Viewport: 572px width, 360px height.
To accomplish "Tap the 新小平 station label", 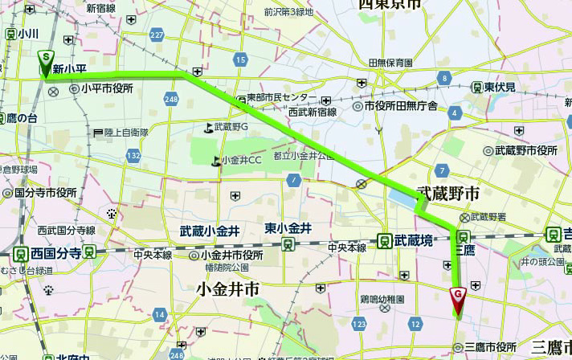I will pyautogui.click(x=70, y=70).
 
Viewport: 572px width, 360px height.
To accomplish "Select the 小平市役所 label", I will pyautogui.click(x=106, y=90).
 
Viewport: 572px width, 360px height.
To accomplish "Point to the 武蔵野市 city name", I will pyautogui.click(x=447, y=194).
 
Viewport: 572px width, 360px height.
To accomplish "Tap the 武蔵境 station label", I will pyautogui.click(x=414, y=239).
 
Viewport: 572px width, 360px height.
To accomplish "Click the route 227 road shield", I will pyautogui.click(x=156, y=35).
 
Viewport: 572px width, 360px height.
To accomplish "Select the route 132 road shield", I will pyautogui.click(x=133, y=155).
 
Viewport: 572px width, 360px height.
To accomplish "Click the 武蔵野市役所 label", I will pyautogui.click(x=525, y=150).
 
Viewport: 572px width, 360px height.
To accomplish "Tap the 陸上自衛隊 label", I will pyautogui.click(x=127, y=131).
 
